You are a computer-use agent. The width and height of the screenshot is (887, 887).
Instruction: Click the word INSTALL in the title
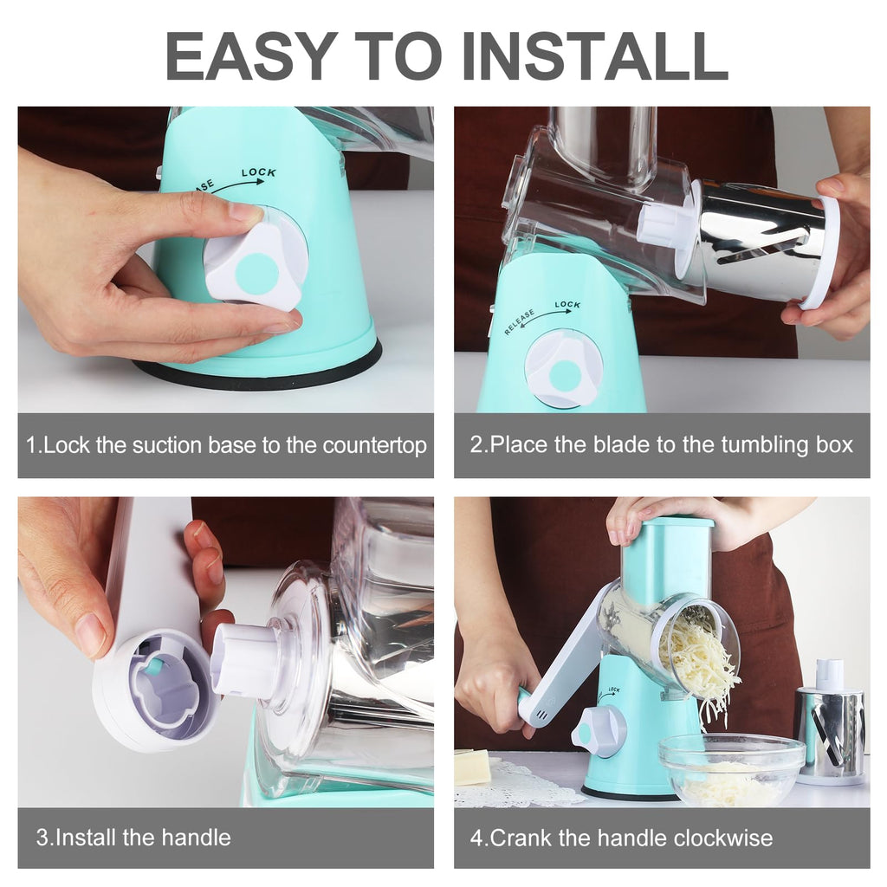594,56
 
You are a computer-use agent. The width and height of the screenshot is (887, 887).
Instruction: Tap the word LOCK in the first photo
258,172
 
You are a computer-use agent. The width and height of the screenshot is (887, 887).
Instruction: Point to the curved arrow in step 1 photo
236,186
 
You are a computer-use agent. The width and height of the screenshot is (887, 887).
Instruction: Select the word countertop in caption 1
374,446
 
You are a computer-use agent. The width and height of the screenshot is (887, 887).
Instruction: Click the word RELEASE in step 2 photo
519,321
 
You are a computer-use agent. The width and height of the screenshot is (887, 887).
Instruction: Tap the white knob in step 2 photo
562,368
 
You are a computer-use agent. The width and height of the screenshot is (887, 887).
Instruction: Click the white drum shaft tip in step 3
242,660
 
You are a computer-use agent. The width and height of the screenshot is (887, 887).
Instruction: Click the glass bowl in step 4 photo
731,769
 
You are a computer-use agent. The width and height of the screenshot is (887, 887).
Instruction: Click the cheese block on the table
471,767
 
